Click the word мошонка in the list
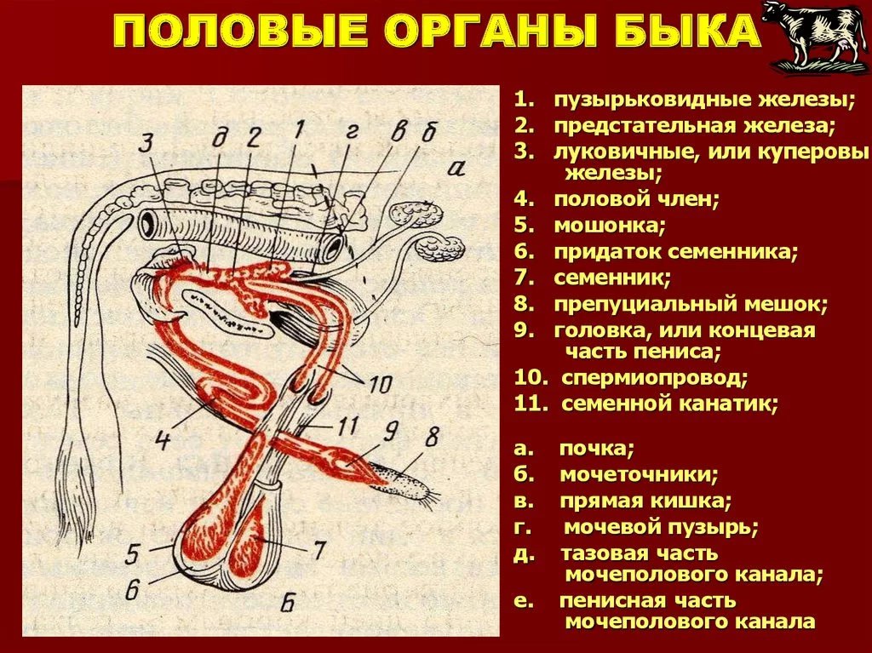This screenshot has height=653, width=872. (609, 226)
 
